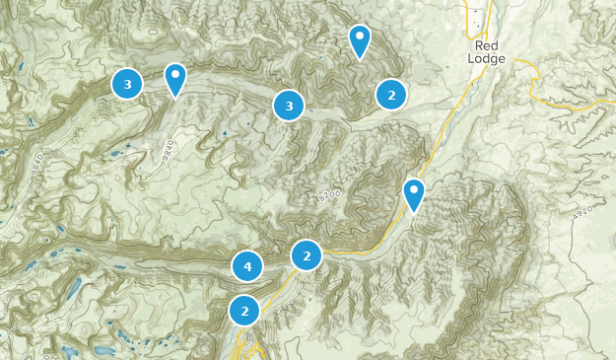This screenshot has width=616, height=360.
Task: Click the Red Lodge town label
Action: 488,52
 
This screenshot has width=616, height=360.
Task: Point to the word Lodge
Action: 489,59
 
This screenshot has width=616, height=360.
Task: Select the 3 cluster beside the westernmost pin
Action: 127,84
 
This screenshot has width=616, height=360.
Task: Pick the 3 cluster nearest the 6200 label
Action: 289,106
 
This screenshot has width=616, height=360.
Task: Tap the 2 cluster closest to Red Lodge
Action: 391,95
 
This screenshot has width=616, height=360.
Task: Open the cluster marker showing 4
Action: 247,266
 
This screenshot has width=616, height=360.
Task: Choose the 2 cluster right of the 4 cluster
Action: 308,255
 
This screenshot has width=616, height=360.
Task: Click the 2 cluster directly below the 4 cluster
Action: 244,311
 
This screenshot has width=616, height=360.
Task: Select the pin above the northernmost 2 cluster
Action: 360,40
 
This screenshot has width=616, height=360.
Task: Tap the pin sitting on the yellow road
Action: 415,193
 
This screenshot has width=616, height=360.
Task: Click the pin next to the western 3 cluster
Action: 175,78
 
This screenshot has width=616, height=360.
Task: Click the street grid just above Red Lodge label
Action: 476,20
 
